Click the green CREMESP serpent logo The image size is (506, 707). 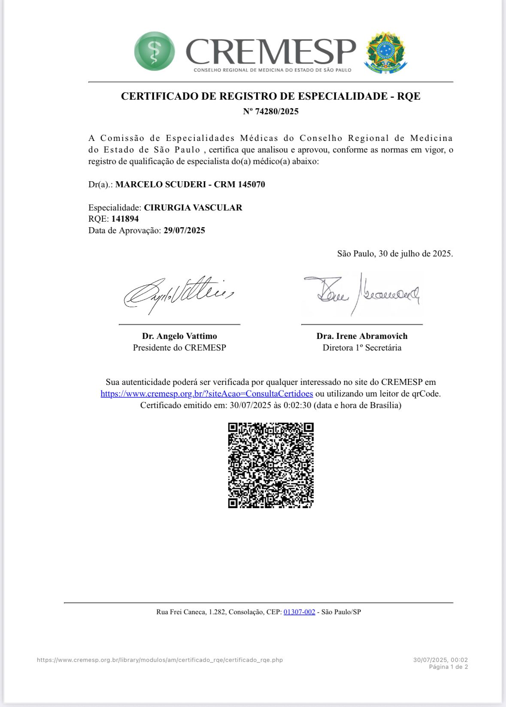click(x=155, y=51)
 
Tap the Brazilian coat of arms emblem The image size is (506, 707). click(x=385, y=52)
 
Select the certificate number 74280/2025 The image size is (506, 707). click(x=276, y=112)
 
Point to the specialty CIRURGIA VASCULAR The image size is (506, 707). click(x=193, y=208)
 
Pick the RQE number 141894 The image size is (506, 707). click(x=125, y=219)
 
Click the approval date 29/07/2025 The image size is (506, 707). click(x=184, y=231)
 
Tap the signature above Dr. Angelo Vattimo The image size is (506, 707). click(x=178, y=294)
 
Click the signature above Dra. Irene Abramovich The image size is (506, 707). click(x=361, y=294)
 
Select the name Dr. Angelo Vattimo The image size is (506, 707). click(x=179, y=336)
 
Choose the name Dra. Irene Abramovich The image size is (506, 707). click(x=362, y=336)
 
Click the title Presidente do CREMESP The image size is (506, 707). click(x=179, y=348)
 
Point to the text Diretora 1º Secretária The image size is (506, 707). click(x=362, y=348)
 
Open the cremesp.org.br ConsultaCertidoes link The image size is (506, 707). click(x=206, y=394)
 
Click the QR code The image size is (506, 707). click(x=271, y=465)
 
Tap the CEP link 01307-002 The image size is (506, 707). click(x=299, y=612)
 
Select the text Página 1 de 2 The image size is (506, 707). click(x=448, y=667)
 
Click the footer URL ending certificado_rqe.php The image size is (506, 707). click(x=160, y=660)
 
